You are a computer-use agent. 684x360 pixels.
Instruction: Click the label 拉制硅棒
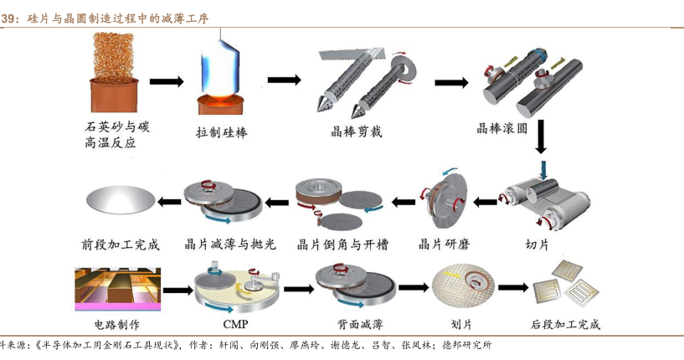click(222, 132)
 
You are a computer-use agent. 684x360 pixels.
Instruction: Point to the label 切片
click(536, 244)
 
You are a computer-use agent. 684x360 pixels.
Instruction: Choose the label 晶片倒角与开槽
click(343, 245)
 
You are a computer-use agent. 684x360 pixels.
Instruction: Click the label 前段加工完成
click(121, 245)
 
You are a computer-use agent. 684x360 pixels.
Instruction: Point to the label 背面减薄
click(355, 325)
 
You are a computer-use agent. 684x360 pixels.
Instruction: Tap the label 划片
click(462, 325)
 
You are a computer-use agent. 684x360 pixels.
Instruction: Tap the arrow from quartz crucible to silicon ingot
click(166, 81)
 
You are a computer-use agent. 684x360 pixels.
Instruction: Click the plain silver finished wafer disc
click(121, 200)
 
